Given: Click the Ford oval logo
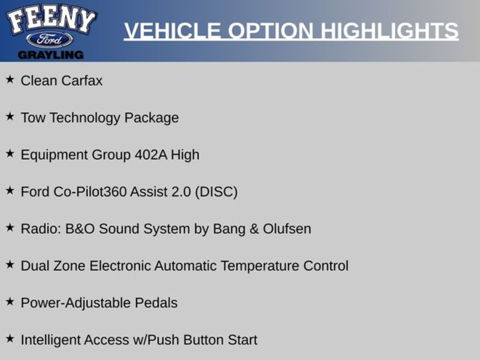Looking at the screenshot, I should click(x=50, y=39).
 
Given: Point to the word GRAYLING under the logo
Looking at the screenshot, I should click(x=51, y=55).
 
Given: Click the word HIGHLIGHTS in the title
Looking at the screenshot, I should click(x=389, y=31).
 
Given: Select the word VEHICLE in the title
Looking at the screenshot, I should click(x=172, y=31).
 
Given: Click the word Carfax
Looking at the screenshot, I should click(x=82, y=81).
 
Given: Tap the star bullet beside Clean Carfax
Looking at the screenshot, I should click(x=10, y=80).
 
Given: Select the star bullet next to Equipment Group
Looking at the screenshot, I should click(x=10, y=154).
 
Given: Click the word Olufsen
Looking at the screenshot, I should click(x=287, y=229).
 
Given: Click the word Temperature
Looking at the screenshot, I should click(x=260, y=266).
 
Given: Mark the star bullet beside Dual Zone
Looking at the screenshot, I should click(x=10, y=265).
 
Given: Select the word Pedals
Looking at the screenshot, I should click(x=156, y=303).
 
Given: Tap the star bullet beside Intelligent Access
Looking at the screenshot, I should click(x=10, y=339).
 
